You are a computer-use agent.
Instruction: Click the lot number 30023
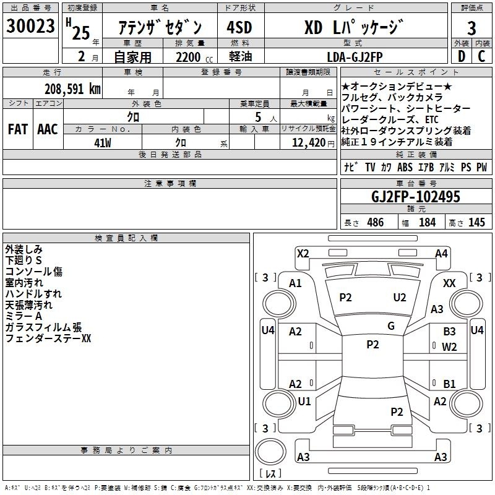(x=30, y=26)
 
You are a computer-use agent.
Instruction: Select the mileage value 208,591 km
(x=72, y=89)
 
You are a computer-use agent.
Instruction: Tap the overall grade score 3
(x=471, y=28)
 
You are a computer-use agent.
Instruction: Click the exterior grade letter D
(x=462, y=56)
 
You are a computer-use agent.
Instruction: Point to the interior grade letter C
(x=481, y=56)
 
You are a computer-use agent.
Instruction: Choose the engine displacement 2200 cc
(x=194, y=57)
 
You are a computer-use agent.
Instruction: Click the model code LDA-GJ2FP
(x=355, y=57)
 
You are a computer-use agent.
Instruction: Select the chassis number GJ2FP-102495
(x=416, y=197)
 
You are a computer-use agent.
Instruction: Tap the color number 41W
(x=103, y=143)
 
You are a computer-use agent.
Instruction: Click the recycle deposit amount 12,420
(x=309, y=143)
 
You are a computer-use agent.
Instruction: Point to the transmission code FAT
(x=18, y=129)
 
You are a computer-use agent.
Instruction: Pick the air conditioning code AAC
(x=48, y=129)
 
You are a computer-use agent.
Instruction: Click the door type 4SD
(x=239, y=27)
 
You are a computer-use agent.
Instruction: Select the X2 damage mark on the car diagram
(x=303, y=254)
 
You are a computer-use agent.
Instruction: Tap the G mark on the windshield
(x=391, y=326)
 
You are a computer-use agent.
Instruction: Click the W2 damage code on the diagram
(x=450, y=347)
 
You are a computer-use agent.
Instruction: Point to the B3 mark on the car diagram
(x=450, y=332)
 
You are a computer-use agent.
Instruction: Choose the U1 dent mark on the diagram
(x=304, y=401)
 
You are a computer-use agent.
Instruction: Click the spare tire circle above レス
(x=270, y=452)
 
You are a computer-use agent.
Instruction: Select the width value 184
(x=427, y=222)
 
